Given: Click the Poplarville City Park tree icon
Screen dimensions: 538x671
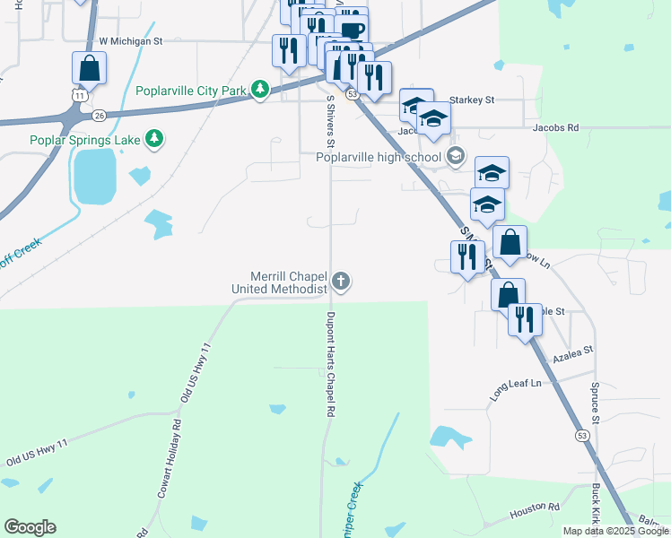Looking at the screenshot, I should coord(260,91).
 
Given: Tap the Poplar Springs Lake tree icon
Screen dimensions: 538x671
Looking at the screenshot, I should coord(155,139).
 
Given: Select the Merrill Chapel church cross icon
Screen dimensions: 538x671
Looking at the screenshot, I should coord(340,282).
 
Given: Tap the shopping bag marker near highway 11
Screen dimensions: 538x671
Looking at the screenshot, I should coord(89,67).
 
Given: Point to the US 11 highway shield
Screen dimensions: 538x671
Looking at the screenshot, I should coord(81,95).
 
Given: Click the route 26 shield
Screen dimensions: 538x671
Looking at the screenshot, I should coord(100,116).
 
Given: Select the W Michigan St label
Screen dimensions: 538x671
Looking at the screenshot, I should coord(130,40).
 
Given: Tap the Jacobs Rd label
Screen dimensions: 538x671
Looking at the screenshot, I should coord(556,128).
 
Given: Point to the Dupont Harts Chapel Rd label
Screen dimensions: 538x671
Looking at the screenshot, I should coord(330,362).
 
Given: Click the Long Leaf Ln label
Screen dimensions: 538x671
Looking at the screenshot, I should coord(516,384).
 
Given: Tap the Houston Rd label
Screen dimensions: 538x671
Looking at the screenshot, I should coord(535,512).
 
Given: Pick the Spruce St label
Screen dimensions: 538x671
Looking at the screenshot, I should coord(595,400).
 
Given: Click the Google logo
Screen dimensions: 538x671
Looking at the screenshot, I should coord(30,527).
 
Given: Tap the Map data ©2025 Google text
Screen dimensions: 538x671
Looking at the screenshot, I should coord(615,531).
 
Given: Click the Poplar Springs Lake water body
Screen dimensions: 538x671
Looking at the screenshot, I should coord(94,175).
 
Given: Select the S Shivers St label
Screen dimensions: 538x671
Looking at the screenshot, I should coord(330,121).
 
